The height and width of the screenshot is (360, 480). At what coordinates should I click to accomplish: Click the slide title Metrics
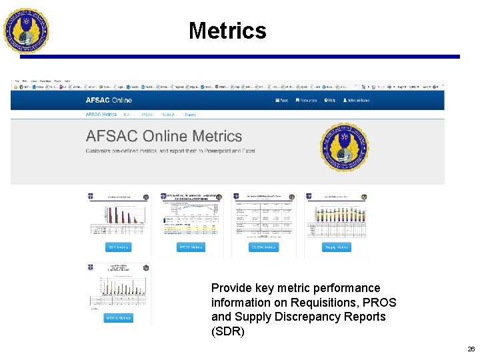pyautogui.click(x=227, y=31)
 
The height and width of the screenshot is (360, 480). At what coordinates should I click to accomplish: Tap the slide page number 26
pyautogui.click(x=471, y=349)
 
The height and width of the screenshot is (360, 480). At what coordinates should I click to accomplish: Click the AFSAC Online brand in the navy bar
pyautogui.click(x=109, y=100)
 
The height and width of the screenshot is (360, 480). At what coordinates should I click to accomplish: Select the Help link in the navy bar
pyautogui.click(x=330, y=100)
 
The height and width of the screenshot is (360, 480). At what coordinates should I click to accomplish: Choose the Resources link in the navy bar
pyautogui.click(x=306, y=100)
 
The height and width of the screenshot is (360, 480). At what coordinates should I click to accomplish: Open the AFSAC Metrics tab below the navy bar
pyautogui.click(x=101, y=115)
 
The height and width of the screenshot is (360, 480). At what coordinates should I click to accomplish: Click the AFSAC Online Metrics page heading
pyautogui.click(x=164, y=136)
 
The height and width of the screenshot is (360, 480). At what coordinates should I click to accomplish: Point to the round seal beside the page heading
pyautogui.click(x=345, y=147)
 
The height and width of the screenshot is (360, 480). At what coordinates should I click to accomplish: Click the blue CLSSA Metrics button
pyautogui.click(x=265, y=247)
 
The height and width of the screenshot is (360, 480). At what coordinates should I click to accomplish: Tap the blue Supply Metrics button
pyautogui.click(x=336, y=247)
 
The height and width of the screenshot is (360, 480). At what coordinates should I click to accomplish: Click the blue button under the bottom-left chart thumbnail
pyautogui.click(x=119, y=318)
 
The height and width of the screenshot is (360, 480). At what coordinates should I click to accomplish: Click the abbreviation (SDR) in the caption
pyautogui.click(x=228, y=331)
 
